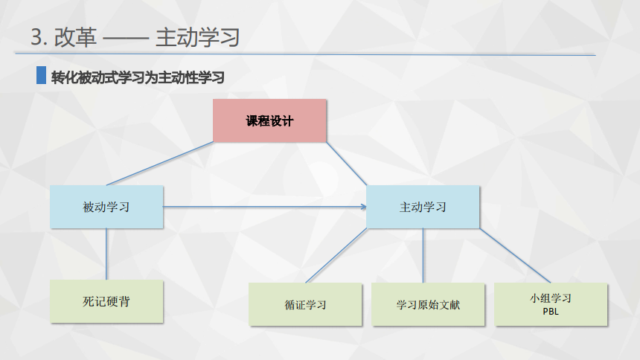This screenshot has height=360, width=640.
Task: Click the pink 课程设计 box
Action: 269,120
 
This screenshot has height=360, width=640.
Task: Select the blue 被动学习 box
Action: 106,207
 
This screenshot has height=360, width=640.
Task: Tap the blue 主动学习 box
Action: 423,207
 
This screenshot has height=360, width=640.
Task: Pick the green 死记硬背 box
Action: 106,301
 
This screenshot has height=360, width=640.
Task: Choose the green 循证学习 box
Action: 305,304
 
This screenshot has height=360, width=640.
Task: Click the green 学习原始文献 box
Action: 428,304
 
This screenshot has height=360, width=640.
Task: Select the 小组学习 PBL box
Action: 551,304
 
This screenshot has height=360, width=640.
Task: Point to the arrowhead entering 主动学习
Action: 364,207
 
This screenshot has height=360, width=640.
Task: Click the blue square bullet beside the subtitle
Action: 41,75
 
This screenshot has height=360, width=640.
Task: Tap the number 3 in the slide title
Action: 36,37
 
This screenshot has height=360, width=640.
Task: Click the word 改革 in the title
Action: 75,37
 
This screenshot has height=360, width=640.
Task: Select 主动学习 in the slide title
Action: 197,37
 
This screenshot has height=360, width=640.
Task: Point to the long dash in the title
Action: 126,39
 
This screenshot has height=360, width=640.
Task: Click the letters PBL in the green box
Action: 551,312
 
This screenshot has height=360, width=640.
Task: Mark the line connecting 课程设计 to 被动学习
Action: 159,164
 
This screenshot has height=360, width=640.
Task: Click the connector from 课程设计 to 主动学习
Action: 347,164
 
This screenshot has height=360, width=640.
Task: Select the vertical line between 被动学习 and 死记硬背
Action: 106,254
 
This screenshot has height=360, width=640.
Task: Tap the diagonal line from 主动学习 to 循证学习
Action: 336,256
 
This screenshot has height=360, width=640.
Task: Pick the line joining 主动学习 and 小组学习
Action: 515,256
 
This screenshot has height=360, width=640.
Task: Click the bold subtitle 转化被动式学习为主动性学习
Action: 138,77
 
